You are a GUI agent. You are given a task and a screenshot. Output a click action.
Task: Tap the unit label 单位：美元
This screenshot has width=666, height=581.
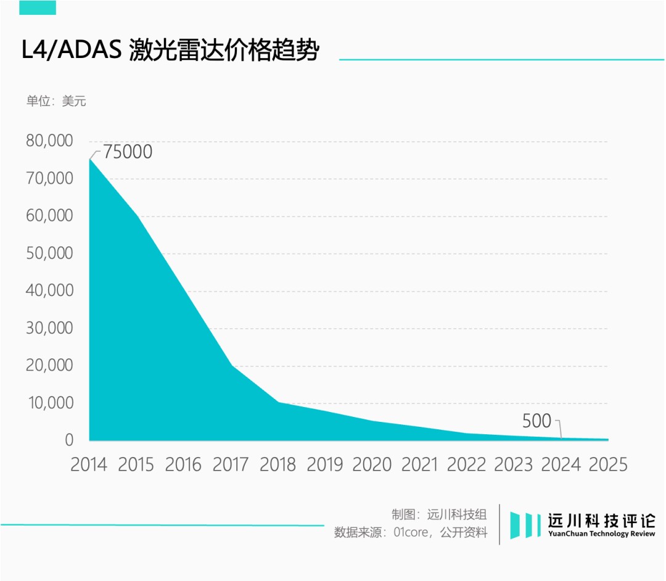tap(56, 101)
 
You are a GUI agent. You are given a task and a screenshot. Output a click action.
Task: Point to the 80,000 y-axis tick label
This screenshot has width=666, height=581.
tap(49, 141)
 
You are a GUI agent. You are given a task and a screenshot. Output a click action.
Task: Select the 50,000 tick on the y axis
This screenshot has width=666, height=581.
tap(49, 253)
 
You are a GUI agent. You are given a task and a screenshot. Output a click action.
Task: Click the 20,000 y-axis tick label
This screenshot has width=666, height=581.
tap(49, 366)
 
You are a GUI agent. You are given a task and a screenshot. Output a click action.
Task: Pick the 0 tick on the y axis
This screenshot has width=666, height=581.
tap(69, 440)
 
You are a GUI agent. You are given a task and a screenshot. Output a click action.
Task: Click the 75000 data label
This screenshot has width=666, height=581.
tap(127, 152)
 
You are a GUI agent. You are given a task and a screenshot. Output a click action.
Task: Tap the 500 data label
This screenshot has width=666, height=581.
tap(536, 422)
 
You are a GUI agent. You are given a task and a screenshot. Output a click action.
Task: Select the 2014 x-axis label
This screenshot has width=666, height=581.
tap(89, 464)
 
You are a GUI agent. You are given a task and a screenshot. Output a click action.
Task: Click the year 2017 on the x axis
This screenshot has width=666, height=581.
tap(231, 464)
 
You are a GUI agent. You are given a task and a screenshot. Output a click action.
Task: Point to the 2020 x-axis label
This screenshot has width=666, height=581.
tap(372, 464)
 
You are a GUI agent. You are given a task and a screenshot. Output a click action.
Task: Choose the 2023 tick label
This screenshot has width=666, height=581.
tap(514, 464)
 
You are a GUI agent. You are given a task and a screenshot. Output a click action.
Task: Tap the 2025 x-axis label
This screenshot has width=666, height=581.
tap(608, 464)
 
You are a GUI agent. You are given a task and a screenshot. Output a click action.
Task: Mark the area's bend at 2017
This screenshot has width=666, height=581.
tap(232, 366)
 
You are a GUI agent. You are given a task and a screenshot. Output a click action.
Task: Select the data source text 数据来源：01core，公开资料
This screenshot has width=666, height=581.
tap(411, 532)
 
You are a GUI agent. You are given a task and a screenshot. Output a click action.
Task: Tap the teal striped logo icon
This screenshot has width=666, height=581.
tap(523, 525)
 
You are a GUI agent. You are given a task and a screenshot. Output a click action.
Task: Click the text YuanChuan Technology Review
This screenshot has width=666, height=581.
tap(602, 534)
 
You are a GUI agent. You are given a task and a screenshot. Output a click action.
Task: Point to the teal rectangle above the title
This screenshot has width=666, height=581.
tap(38, 7)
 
